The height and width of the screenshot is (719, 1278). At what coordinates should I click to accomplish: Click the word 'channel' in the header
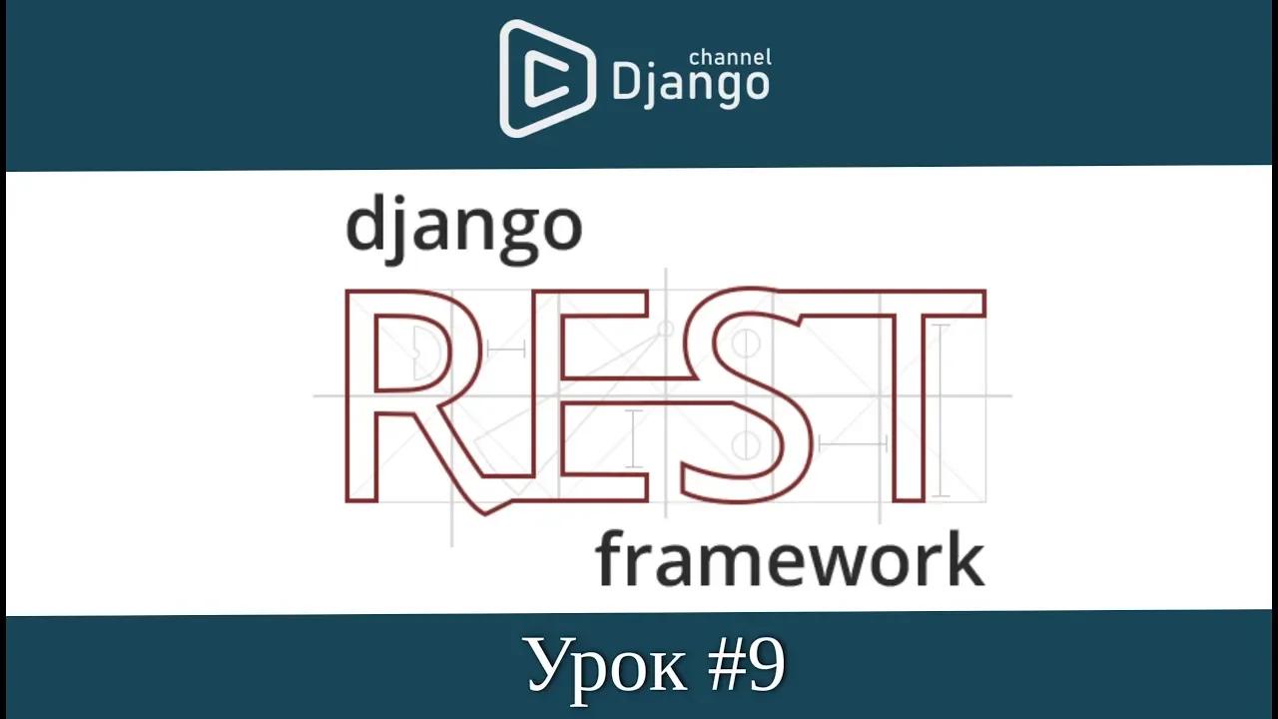(731, 58)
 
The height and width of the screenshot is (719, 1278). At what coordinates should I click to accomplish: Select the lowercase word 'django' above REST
(463, 230)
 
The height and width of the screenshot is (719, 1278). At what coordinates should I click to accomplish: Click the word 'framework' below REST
(790, 560)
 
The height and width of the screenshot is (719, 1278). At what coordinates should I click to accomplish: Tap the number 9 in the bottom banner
(765, 665)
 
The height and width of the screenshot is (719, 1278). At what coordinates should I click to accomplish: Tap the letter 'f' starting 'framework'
(610, 558)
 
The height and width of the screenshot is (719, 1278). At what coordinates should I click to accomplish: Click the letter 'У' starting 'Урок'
(546, 667)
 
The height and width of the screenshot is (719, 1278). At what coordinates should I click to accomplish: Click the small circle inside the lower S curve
(744, 444)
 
